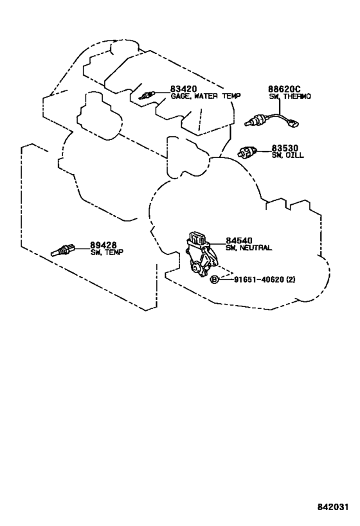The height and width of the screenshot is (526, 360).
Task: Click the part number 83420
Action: (x=183, y=89)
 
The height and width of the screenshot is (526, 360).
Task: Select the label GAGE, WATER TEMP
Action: (x=206, y=96)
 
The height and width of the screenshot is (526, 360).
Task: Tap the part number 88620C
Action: (x=283, y=89)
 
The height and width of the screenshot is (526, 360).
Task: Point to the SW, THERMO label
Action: (x=290, y=96)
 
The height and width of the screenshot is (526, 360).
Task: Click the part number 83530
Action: (x=285, y=148)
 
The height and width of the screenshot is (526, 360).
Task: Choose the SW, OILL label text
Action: (x=287, y=155)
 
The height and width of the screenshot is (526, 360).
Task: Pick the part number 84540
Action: (x=239, y=241)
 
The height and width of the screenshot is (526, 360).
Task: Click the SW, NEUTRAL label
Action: (x=249, y=248)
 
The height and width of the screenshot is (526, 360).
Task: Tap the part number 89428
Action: (x=103, y=245)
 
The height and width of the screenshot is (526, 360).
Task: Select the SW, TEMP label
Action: (x=107, y=252)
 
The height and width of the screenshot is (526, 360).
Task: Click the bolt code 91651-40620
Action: (x=259, y=279)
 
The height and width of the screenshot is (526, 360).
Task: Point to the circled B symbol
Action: (x=214, y=279)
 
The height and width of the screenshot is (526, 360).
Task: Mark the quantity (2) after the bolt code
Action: (x=291, y=279)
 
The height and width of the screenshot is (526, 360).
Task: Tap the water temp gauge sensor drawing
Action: (x=146, y=95)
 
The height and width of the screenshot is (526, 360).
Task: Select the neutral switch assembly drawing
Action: (x=201, y=254)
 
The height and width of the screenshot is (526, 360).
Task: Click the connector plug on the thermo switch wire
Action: (x=294, y=124)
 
